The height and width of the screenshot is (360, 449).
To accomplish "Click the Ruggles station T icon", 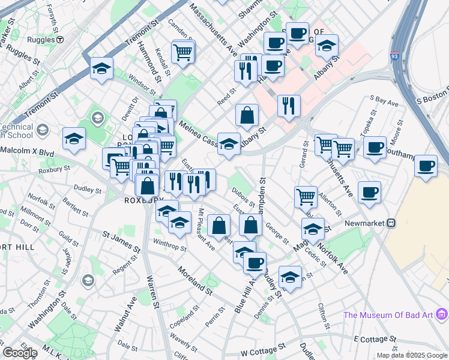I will (60, 40).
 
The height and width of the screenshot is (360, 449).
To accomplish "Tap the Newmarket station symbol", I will (391, 223).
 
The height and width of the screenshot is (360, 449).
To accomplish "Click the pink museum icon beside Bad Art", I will (442, 313).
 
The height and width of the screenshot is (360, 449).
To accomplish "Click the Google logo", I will (20, 353).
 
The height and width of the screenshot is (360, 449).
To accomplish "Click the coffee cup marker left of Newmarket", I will (369, 192).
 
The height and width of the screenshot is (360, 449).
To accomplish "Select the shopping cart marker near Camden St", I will (183, 51).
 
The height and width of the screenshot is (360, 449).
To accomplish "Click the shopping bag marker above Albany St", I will (247, 114).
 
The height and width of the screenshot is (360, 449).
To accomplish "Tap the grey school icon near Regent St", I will (88, 280).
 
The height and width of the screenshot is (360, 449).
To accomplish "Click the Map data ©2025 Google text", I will (411, 355).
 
